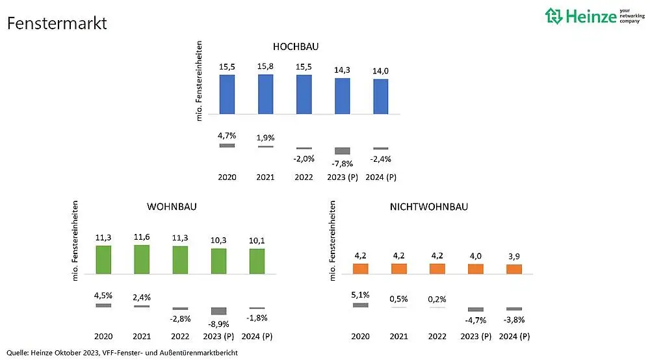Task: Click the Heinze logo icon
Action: (x=554, y=16)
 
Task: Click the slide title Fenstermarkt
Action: (x=57, y=24)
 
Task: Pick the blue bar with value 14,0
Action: (x=381, y=97)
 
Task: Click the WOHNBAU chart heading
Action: (x=172, y=207)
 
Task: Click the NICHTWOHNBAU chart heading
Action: (x=428, y=207)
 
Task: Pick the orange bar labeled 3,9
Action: (x=514, y=270)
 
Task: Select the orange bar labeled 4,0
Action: (x=476, y=269)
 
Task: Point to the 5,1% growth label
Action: (x=361, y=294)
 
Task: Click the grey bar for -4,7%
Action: (x=476, y=309)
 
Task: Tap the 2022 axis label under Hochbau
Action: (x=304, y=177)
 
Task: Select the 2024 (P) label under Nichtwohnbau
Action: (x=514, y=337)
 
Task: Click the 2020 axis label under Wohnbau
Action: (x=103, y=337)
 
